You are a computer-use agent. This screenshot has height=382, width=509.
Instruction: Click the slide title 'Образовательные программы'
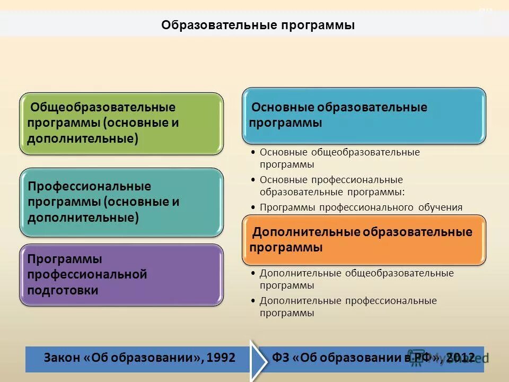(x=258, y=25)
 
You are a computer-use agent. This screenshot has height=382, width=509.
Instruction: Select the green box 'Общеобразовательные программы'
(x=121, y=124)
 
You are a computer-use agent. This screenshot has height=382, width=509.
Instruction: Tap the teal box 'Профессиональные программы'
(x=121, y=202)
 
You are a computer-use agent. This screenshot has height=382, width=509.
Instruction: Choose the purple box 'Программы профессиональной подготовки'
(x=121, y=275)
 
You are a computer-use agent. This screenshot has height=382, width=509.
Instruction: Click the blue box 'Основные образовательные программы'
(x=364, y=115)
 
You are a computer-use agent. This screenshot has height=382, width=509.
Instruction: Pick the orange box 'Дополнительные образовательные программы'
(x=364, y=240)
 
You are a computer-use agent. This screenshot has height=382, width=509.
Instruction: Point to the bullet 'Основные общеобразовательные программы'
(x=339, y=158)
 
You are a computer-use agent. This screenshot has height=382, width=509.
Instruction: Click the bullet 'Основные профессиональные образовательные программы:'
(x=331, y=186)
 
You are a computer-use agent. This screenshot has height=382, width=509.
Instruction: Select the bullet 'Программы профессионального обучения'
(x=361, y=207)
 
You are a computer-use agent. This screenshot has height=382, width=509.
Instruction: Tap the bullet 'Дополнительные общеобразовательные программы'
(x=356, y=279)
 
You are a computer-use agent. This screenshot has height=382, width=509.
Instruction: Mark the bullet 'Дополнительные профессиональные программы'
(x=348, y=307)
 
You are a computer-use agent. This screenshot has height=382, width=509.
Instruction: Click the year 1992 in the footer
(x=222, y=358)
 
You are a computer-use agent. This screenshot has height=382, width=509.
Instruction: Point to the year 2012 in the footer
(x=460, y=358)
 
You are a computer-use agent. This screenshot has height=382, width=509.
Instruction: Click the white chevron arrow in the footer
(x=259, y=359)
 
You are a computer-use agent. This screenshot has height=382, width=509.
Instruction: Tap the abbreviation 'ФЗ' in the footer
(x=281, y=358)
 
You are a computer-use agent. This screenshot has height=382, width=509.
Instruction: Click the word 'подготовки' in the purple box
(x=63, y=290)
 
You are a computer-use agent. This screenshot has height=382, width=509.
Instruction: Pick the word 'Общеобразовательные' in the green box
(x=103, y=107)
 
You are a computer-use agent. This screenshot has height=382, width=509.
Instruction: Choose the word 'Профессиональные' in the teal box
(x=90, y=186)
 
